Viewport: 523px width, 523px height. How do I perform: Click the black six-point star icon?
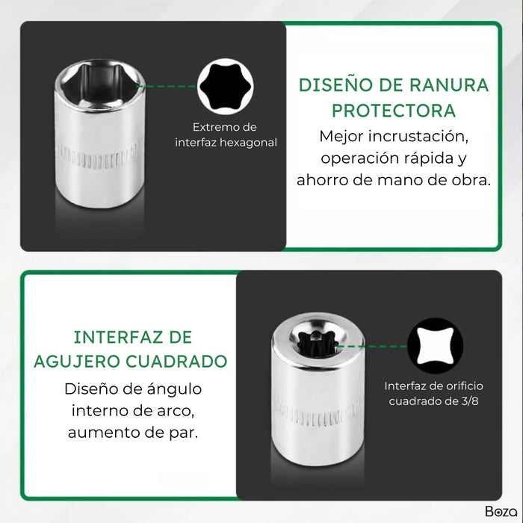tap(225, 86)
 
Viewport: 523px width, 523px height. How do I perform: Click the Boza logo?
tap(500, 512)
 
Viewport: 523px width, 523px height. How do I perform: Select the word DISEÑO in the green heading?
tap(332, 84)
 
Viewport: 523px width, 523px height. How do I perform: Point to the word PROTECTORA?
tap(394, 111)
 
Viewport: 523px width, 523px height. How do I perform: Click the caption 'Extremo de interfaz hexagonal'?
tap(225, 134)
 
